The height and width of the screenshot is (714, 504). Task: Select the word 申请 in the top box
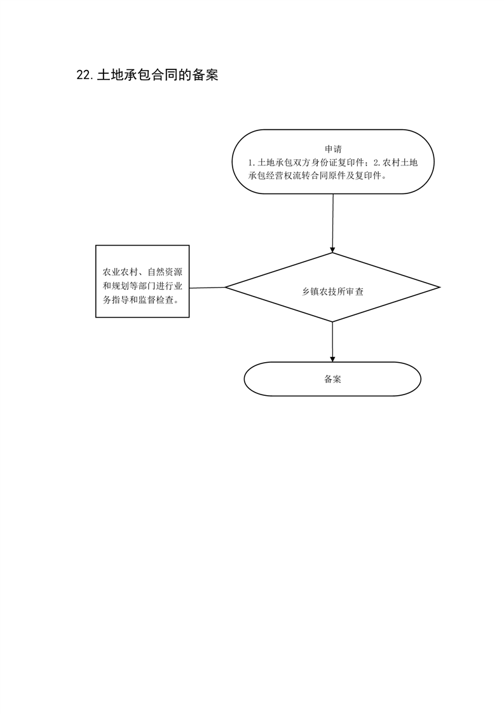pyautogui.click(x=333, y=150)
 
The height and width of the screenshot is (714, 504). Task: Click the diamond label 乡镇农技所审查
pyautogui.click(x=333, y=292)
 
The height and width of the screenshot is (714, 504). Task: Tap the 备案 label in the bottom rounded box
pyautogui.click(x=332, y=379)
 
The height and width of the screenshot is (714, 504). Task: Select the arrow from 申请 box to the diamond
pyautogui.click(x=333, y=223)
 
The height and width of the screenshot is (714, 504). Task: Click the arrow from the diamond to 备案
pyautogui.click(x=332, y=342)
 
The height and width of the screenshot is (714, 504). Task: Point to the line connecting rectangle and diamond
pyautogui.click(x=207, y=288)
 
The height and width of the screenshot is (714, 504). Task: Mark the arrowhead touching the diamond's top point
pyautogui.click(x=332, y=250)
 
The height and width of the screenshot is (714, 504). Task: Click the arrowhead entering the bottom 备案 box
pyautogui.click(x=332, y=359)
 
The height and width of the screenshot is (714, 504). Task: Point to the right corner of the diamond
pyautogui.click(x=440, y=288)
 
